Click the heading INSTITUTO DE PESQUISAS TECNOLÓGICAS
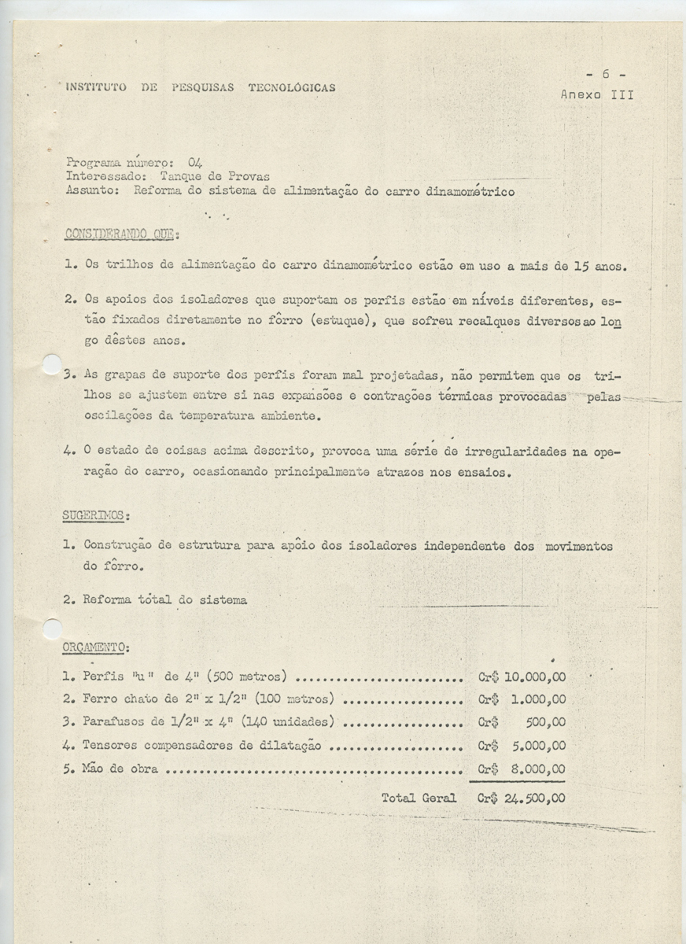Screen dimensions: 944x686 point(201,87)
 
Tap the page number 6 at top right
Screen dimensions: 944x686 point(606,74)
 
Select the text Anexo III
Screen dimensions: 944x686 point(597,94)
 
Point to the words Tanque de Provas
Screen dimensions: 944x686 point(208,177)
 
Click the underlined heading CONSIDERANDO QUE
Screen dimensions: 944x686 point(122,234)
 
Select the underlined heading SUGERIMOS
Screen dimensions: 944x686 point(96,516)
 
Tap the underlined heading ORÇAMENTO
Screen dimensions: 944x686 point(96,647)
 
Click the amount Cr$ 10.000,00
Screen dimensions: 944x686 point(522,676)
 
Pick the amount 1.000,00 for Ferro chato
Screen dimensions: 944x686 point(538,699)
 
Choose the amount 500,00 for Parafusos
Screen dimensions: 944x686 point(544,723)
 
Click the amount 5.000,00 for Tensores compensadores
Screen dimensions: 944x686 point(538,746)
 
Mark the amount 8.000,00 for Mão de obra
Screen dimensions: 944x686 point(538,769)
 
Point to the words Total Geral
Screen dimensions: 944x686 point(419,798)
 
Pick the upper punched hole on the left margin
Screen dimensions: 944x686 point(51,364)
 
